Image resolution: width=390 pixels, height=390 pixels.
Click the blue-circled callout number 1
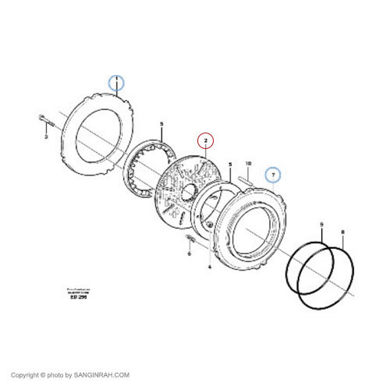click(116, 82)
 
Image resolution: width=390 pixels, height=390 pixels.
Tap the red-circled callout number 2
click(205, 141)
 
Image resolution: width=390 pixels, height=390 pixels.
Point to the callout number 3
click(46, 137)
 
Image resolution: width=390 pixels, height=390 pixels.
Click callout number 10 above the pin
click(248, 164)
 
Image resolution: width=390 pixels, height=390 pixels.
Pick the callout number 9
click(321, 225)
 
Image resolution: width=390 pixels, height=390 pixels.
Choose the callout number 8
click(342, 232)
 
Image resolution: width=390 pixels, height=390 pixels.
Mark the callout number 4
click(209, 267)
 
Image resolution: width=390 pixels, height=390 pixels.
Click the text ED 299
click(78, 297)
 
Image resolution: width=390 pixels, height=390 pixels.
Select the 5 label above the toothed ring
click(161, 125)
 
